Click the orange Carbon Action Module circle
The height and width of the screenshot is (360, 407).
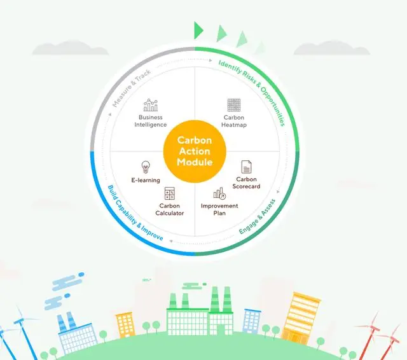[x=195, y=151]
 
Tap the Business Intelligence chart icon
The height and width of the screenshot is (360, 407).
[x=151, y=105]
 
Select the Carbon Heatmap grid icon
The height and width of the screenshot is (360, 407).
[x=234, y=105]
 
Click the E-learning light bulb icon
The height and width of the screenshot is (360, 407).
[x=146, y=167]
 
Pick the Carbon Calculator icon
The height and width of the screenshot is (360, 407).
[x=170, y=193]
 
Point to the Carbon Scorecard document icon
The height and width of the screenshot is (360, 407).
[x=246, y=167]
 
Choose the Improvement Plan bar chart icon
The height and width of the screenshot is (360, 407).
[x=219, y=193]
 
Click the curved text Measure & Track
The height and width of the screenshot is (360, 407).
[x=131, y=88]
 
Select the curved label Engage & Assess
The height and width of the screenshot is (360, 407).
[x=257, y=217]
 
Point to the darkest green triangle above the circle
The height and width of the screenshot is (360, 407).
[x=198, y=31]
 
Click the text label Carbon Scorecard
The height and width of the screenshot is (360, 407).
[x=246, y=183]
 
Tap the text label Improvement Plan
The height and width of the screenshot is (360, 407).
[x=219, y=209]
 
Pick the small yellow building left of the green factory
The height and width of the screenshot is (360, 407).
[x=126, y=325]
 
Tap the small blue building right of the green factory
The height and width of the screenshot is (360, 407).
[x=252, y=321]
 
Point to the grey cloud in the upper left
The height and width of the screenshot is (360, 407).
[x=70, y=48]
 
